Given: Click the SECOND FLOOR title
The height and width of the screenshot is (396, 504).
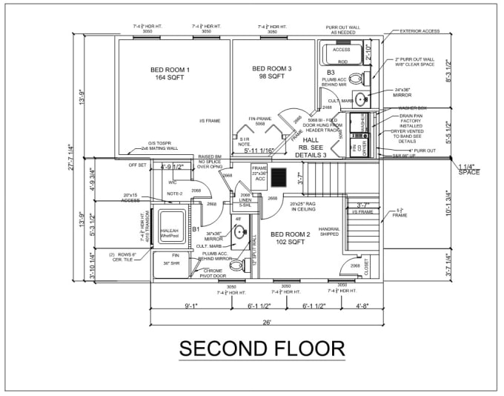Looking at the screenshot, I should click(x=262, y=349).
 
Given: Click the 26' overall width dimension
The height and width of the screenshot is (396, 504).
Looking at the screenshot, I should click(x=266, y=322).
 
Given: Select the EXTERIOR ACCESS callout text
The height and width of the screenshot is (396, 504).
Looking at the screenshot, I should click(x=420, y=32).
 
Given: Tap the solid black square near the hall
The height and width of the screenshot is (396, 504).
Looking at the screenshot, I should click(x=279, y=179).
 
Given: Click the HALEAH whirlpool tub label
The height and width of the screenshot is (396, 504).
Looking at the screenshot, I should click(x=170, y=232).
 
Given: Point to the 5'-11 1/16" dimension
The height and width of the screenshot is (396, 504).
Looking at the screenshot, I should click(x=258, y=151).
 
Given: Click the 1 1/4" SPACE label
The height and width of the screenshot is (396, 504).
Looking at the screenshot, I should click(x=468, y=170).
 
